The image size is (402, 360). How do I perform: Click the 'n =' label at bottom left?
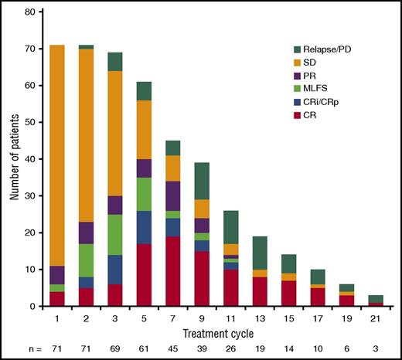17,349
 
